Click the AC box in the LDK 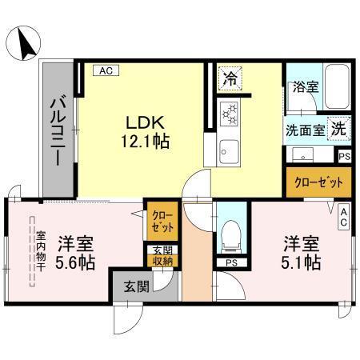(x=105, y=70)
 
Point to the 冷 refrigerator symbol (x=230, y=79)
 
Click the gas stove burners (x=230, y=114)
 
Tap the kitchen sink (x=228, y=149)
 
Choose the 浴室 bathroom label (x=305, y=86)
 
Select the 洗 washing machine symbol (x=338, y=127)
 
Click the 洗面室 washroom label (x=306, y=130)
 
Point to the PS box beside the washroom (x=343, y=158)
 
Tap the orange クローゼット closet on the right (x=318, y=182)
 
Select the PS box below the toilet (x=231, y=262)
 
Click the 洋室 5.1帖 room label (x=300, y=252)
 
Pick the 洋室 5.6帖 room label (x=79, y=250)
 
